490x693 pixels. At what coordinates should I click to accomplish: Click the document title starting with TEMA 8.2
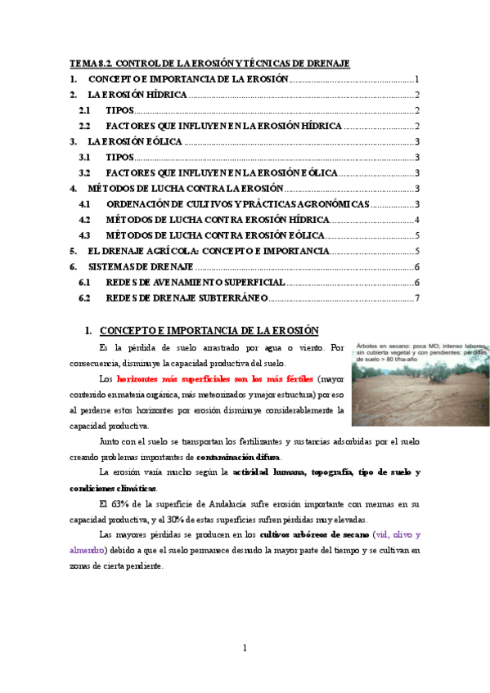tap(209, 63)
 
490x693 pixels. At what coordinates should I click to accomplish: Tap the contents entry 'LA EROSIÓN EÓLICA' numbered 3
tap(135, 141)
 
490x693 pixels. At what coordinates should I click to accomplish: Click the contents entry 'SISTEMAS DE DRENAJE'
tap(141, 266)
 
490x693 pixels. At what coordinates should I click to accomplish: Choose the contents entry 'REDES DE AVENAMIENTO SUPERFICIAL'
tap(196, 282)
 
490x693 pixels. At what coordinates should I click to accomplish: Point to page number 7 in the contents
tap(417, 298)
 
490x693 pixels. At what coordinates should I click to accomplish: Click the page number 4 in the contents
tap(417, 220)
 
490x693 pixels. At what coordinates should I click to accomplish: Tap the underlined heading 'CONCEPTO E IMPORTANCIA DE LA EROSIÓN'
tap(209, 331)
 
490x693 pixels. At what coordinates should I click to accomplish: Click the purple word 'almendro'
tap(88, 550)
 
